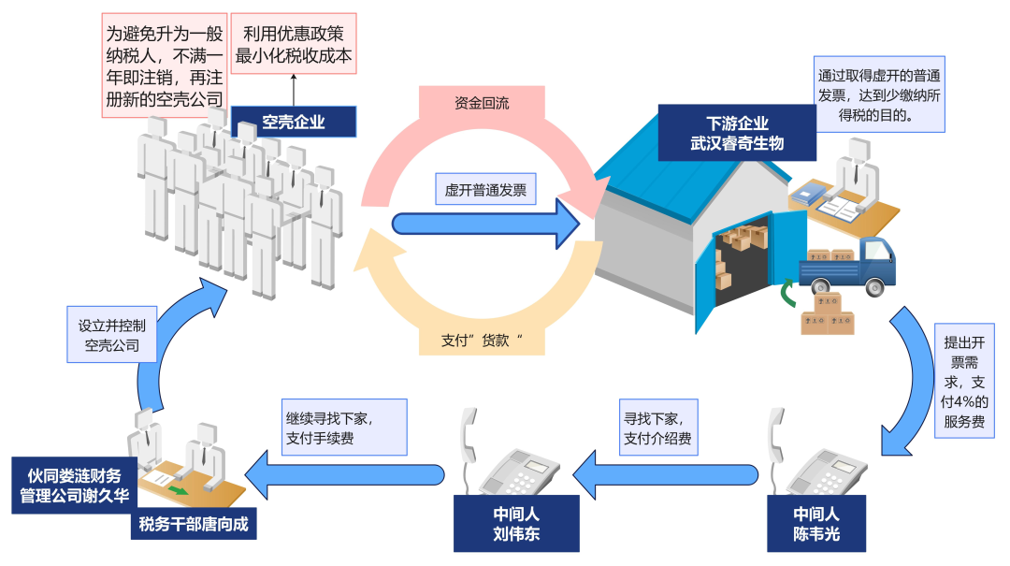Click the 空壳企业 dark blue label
pyautogui.click(x=294, y=122)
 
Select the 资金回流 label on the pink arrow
pyautogui.click(x=482, y=102)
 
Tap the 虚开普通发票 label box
pyautogui.click(x=484, y=191)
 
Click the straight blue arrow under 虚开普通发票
pyautogui.click(x=486, y=224)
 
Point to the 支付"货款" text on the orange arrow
pyautogui.click(x=481, y=341)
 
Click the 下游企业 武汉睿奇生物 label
pyautogui.click(x=737, y=133)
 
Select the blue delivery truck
pyautogui.click(x=845, y=268)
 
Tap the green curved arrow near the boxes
pyautogui.click(x=791, y=296)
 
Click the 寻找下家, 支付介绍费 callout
pyautogui.click(x=657, y=428)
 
